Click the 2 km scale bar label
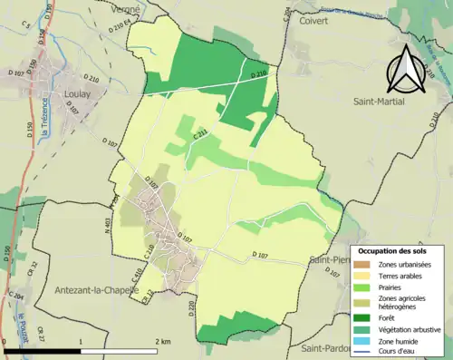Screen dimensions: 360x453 tap(162, 341)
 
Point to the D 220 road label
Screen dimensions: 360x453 tap(192, 308)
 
